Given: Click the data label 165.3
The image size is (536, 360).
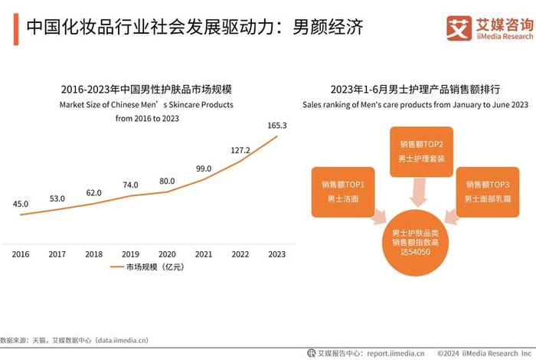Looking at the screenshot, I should pos(277,125).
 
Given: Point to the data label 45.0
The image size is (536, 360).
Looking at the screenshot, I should pos(21,204).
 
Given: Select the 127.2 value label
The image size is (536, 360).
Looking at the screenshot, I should pos(240,150).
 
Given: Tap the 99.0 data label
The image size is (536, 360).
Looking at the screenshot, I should pos(204,169).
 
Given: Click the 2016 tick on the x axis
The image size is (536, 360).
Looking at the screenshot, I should pos(21,254).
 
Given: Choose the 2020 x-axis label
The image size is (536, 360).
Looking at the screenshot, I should pos(167,254).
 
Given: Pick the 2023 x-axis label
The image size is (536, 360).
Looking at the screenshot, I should pos(277,254).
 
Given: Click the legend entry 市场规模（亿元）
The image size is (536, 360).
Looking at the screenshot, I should pos(154,268).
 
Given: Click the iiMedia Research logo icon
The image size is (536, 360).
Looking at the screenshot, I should pos(459,28).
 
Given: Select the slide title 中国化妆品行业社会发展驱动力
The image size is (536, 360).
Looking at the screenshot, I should pos(191,28).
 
